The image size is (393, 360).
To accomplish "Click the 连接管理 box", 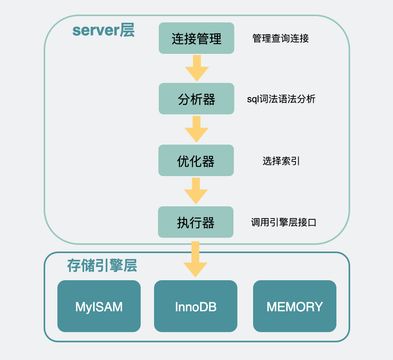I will tap(196, 38).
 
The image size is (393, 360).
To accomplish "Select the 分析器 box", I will tap(196, 99).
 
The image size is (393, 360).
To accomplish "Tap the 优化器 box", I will tap(196, 160).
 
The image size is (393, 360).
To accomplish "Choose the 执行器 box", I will tap(196, 222).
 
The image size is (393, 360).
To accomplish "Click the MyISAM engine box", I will tap(99, 306).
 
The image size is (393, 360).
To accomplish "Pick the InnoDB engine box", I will tap(196, 306).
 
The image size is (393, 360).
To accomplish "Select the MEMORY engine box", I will tap(295, 306).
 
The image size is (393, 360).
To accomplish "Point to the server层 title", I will tap(103, 30).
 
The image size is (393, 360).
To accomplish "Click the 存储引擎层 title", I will tap(102, 266).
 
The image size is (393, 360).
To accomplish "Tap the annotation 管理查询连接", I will tap(281, 38).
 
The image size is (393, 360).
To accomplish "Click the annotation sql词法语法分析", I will tap(281, 99).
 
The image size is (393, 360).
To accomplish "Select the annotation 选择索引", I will tap(281, 161).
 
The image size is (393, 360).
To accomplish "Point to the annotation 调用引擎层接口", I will tap(284, 222).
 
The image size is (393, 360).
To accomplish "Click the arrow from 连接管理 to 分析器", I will tap(197, 68).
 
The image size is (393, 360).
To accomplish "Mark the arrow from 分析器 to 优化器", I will tap(196, 129).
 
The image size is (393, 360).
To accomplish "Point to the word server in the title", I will tap(96, 31).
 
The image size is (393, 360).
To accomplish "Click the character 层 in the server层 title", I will tap(127, 30).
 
